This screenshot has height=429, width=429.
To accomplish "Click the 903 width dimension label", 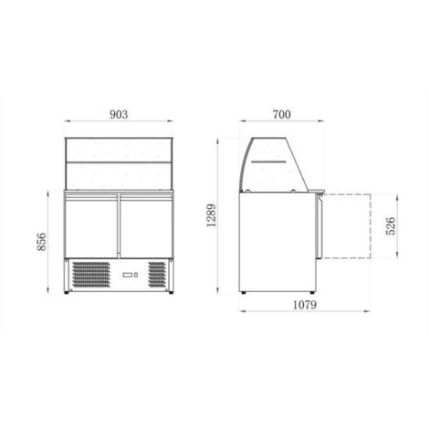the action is (x=119, y=114).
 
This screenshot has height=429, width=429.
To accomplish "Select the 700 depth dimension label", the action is (x=282, y=114).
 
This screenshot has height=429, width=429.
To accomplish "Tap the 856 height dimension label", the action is (x=41, y=242).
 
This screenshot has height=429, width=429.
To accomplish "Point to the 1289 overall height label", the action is (x=211, y=215).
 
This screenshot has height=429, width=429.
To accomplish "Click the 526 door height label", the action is (x=391, y=225).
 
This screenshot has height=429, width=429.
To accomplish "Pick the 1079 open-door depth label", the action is (x=305, y=305).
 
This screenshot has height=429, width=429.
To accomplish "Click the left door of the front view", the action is (x=91, y=225).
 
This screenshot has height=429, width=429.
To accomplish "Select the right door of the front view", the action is (x=147, y=225).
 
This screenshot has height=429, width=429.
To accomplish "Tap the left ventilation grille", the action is (x=91, y=275).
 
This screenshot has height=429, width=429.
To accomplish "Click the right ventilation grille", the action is (x=157, y=275).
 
